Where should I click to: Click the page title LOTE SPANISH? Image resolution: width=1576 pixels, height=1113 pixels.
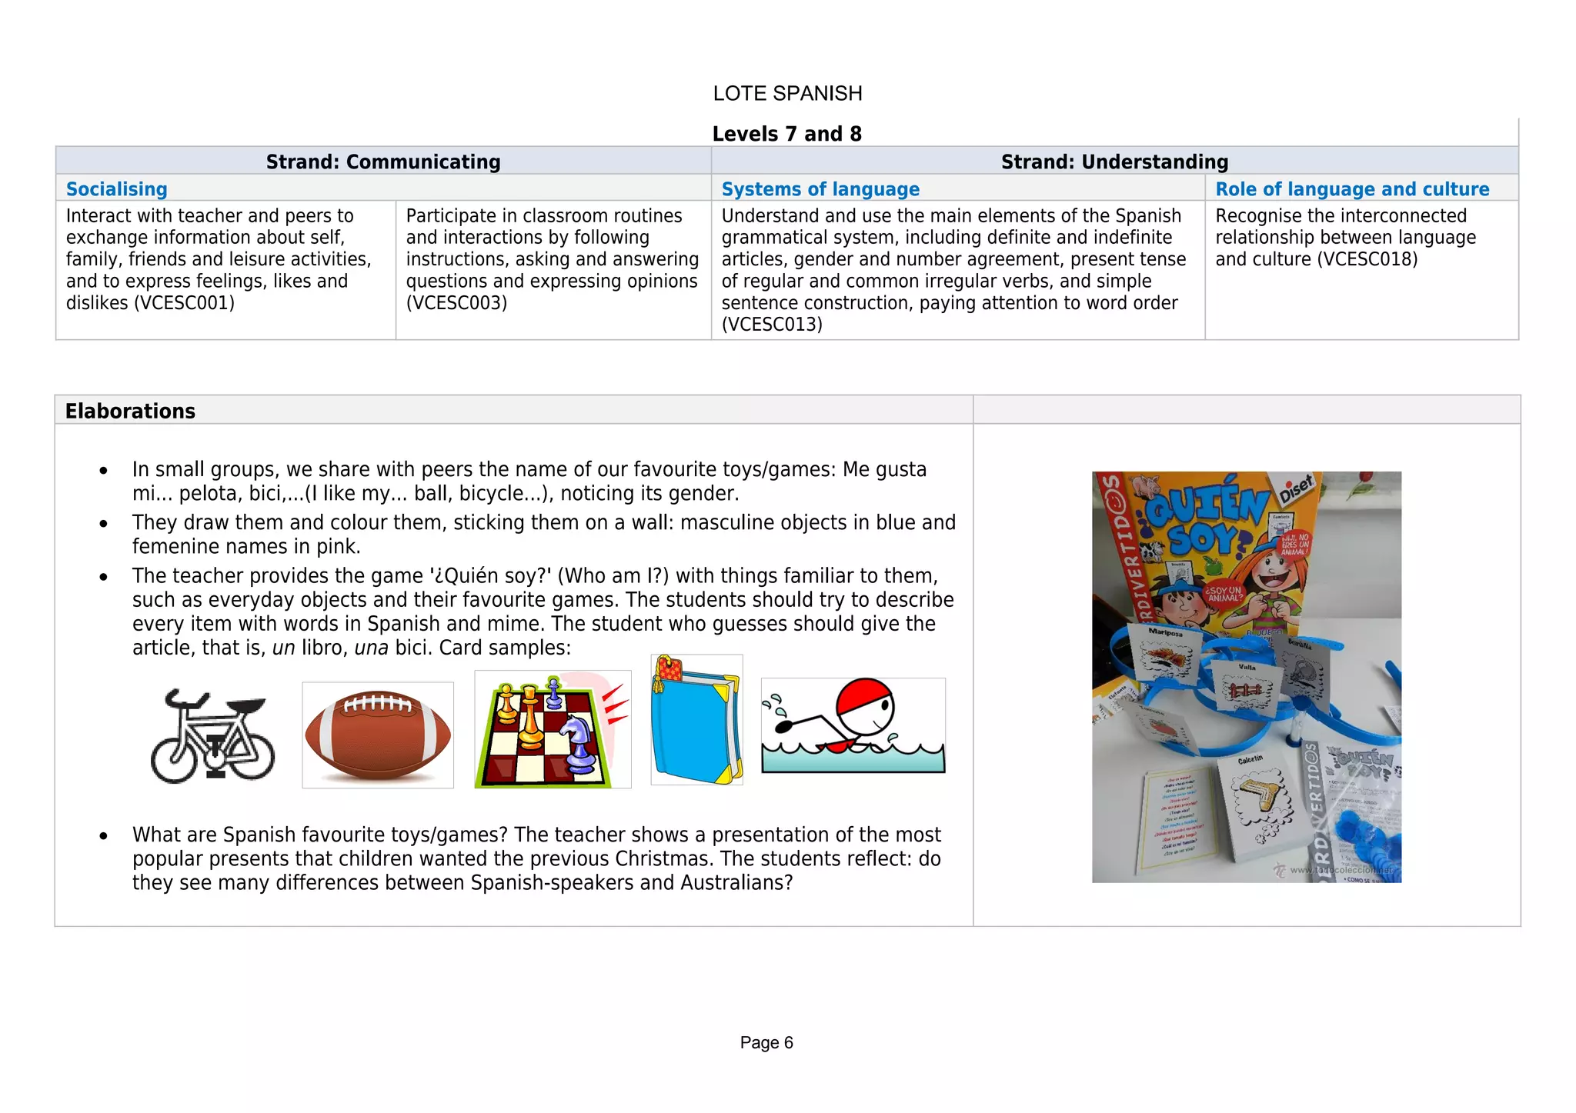787,94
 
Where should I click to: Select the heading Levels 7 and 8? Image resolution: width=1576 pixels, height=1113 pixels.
786,134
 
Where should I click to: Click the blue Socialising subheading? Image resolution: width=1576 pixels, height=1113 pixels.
117,189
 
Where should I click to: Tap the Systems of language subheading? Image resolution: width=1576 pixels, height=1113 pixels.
820,189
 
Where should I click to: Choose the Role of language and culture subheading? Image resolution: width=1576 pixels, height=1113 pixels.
1352,189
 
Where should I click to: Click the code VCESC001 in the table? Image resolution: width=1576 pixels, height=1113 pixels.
184,303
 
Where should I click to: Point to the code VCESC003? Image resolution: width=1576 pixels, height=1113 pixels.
456,303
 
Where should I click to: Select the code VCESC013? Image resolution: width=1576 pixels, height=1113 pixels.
772,325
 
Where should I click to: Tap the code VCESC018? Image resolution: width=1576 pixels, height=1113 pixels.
1367,259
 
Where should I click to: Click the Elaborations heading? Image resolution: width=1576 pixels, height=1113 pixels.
130,412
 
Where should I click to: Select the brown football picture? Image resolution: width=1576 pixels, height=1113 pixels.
378,735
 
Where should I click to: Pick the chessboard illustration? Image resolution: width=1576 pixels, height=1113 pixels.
552,730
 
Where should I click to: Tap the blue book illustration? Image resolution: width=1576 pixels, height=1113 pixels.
696,720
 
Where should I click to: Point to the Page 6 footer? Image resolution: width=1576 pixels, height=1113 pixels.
766,1043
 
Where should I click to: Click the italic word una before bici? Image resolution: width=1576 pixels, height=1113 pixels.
371,648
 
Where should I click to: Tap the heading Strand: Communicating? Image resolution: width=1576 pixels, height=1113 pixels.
383,162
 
